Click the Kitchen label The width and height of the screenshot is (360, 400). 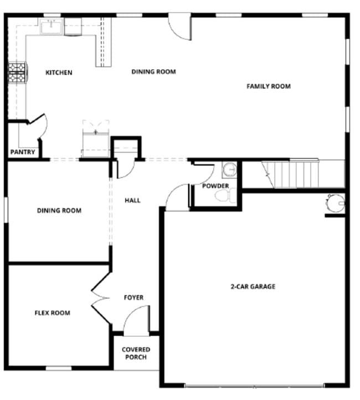tap(59, 72)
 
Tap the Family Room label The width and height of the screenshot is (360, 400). tap(268, 86)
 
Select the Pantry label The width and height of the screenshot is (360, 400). tap(23, 152)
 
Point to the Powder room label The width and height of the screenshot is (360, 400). tap(215, 186)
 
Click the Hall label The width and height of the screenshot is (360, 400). tap(132, 200)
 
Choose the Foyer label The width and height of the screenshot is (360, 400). tap(133, 298)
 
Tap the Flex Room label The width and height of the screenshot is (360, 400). tap(53, 313)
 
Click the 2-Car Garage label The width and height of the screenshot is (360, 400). tap(253, 287)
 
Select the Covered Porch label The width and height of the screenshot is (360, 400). tap(136, 354)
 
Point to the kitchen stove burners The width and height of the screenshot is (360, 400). tap(17, 72)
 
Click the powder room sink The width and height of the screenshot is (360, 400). tap(229, 168)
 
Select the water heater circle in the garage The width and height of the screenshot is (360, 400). tap(335, 204)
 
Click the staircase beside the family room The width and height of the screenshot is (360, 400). tap(291, 174)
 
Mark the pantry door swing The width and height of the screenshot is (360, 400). tap(38, 125)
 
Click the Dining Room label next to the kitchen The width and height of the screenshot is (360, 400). tap(153, 71)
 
